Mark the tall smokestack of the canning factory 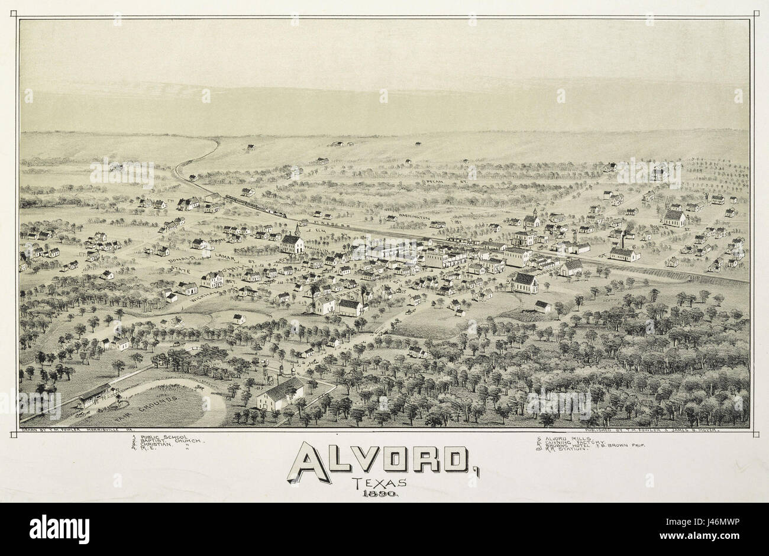(622, 240)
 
